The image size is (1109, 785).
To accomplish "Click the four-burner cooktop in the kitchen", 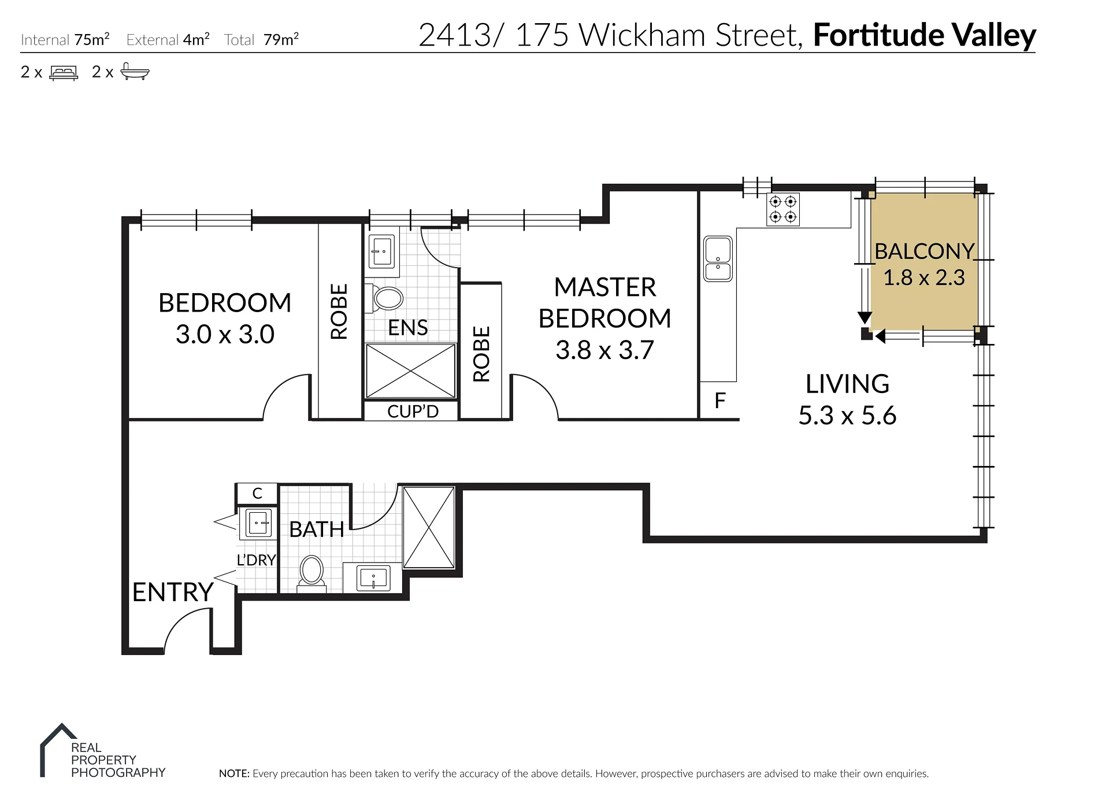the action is coord(783,209).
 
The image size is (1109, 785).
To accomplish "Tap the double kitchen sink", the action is coord(718,258).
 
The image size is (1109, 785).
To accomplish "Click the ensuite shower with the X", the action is coord(411,371).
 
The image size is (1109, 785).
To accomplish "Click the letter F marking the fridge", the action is coord(720,401).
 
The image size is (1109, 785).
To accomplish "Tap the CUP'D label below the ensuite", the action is coord(413,412).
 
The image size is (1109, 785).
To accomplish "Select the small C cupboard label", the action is coord(258,494).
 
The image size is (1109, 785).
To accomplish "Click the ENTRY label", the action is coord(173,593).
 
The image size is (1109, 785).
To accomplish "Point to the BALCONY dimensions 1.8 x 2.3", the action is coord(924,278).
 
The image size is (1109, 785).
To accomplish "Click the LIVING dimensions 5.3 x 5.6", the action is coord(847,416).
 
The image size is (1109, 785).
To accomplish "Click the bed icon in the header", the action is coord(64,73).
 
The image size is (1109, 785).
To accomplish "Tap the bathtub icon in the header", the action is coord(135,72).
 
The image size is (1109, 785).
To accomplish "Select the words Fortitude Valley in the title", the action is coord(925,35).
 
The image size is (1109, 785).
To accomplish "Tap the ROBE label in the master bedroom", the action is coord(481,354).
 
